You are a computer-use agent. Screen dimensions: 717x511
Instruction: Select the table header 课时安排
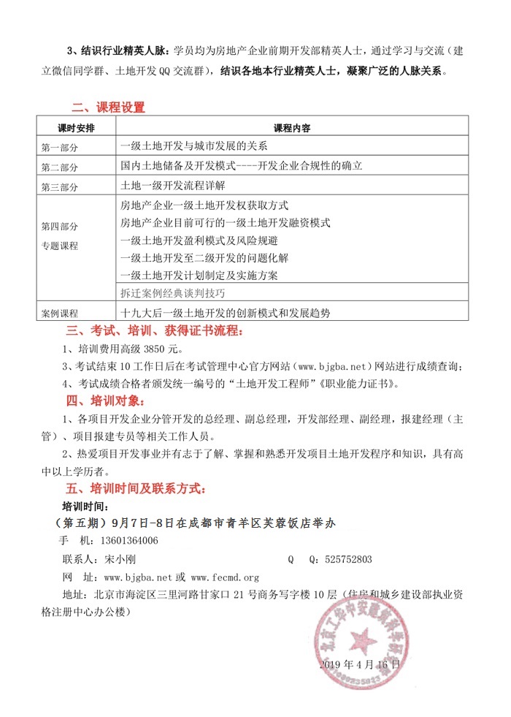pyautogui.click(x=75, y=127)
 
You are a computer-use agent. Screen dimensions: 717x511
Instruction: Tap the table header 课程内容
pyautogui.click(x=291, y=127)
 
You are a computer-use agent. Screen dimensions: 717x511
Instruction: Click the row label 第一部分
pyautogui.click(x=60, y=146)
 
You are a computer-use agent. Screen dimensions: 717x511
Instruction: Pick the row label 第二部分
pyautogui.click(x=60, y=167)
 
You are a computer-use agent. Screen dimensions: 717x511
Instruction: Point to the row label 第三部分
pyautogui.click(x=60, y=187)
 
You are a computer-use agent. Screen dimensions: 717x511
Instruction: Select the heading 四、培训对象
pyautogui.click(x=107, y=400)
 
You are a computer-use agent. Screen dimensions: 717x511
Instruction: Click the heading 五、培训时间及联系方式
pyautogui.click(x=137, y=487)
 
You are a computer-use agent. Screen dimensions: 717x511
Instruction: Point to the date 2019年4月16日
pyautogui.click(x=360, y=664)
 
